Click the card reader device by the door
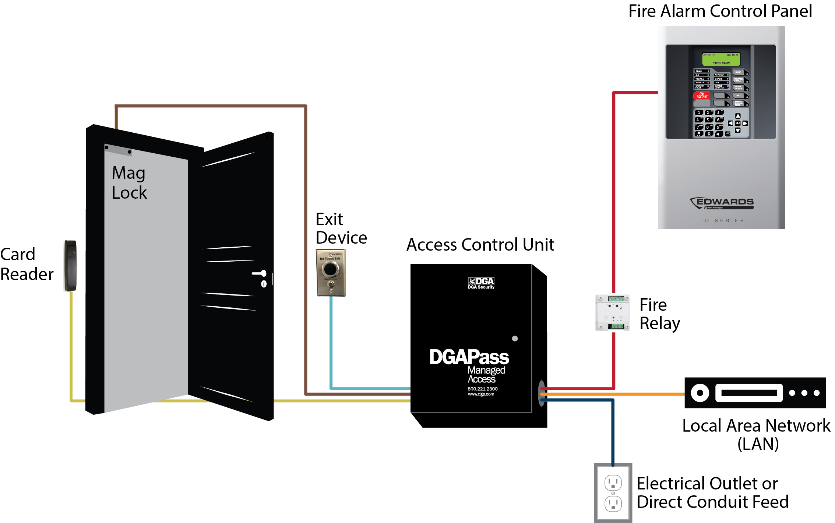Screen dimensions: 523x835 71,265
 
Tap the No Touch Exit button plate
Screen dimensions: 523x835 331,273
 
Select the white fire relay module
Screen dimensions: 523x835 612,313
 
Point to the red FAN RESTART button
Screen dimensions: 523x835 702,95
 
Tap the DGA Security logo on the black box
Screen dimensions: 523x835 481,283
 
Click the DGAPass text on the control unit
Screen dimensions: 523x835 469,357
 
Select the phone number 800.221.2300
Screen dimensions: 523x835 482,389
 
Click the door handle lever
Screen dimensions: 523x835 260,273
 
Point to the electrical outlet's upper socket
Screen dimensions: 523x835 613,482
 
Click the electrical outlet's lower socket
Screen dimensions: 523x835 613,503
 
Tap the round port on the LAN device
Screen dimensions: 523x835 700,393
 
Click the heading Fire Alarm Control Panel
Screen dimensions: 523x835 720,11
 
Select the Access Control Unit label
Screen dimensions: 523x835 480,245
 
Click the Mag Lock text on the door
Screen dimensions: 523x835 129,183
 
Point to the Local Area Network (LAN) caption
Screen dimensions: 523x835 756,435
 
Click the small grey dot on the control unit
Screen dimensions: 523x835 515,338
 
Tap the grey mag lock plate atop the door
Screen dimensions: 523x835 118,150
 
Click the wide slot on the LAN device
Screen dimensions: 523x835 749,393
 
